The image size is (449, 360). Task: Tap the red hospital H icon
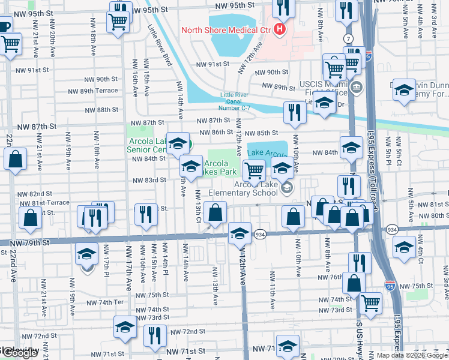click(280, 29)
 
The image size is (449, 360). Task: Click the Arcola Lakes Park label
click(220, 167)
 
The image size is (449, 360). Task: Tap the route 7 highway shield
click(348, 38)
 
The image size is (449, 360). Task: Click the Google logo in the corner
click(19, 353)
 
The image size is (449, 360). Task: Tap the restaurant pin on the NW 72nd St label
click(155, 336)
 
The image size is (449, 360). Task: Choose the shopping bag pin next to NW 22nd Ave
click(16, 160)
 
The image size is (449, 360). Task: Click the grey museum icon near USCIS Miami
click(356, 88)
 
